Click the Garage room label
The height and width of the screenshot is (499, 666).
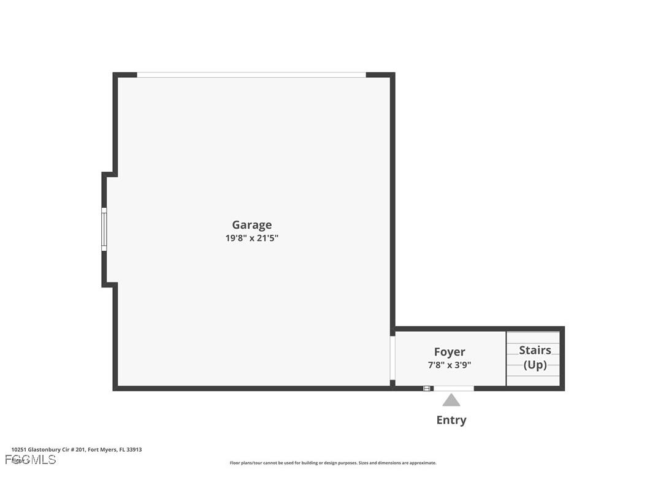click(x=251, y=225)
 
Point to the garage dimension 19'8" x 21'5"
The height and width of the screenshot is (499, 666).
click(x=251, y=238)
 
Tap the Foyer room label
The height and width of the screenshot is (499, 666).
click(x=450, y=352)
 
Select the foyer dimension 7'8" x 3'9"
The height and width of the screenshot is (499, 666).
click(x=450, y=365)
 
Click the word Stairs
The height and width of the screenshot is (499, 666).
click(x=535, y=350)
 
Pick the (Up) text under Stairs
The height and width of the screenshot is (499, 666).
click(x=535, y=365)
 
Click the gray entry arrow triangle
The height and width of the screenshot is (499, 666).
click(x=451, y=400)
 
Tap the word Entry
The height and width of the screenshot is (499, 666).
click(x=451, y=420)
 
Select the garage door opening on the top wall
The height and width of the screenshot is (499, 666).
click(x=251, y=75)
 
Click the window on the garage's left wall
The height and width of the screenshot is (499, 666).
click(x=104, y=229)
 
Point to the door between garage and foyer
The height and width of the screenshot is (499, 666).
click(x=392, y=358)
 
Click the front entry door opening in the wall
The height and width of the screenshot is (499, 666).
click(x=453, y=388)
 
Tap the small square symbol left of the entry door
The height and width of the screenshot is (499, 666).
click(x=426, y=388)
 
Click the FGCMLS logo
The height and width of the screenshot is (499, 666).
click(x=31, y=459)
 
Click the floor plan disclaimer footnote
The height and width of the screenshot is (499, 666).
click(x=333, y=463)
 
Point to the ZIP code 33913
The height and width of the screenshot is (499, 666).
click(x=134, y=449)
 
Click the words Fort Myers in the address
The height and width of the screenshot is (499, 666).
click(x=102, y=449)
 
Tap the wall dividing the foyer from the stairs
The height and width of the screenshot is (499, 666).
click(x=506, y=359)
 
